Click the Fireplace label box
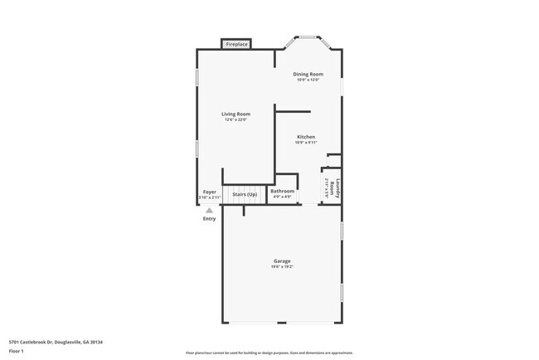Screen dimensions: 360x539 point(236,44)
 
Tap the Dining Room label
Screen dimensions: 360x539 point(308,74)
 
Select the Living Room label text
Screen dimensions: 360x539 point(236,114)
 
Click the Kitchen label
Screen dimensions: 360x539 point(306,137)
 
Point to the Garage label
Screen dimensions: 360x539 point(282,261)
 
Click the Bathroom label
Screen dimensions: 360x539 point(283,192)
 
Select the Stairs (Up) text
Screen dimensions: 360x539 point(245,195)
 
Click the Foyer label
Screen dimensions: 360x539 point(210,192)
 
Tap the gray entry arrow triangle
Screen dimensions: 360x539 point(209,211)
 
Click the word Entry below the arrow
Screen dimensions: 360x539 point(209,219)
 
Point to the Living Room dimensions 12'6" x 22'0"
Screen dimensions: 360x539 point(236,119)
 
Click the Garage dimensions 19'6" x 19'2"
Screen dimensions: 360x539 point(282,267)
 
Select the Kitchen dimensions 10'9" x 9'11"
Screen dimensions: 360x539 point(306,143)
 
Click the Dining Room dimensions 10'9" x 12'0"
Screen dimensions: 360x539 point(308,80)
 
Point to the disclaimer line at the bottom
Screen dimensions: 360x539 point(269,353)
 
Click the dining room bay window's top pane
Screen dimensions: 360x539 point(308,36)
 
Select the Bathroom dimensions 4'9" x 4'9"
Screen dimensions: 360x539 point(283,197)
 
